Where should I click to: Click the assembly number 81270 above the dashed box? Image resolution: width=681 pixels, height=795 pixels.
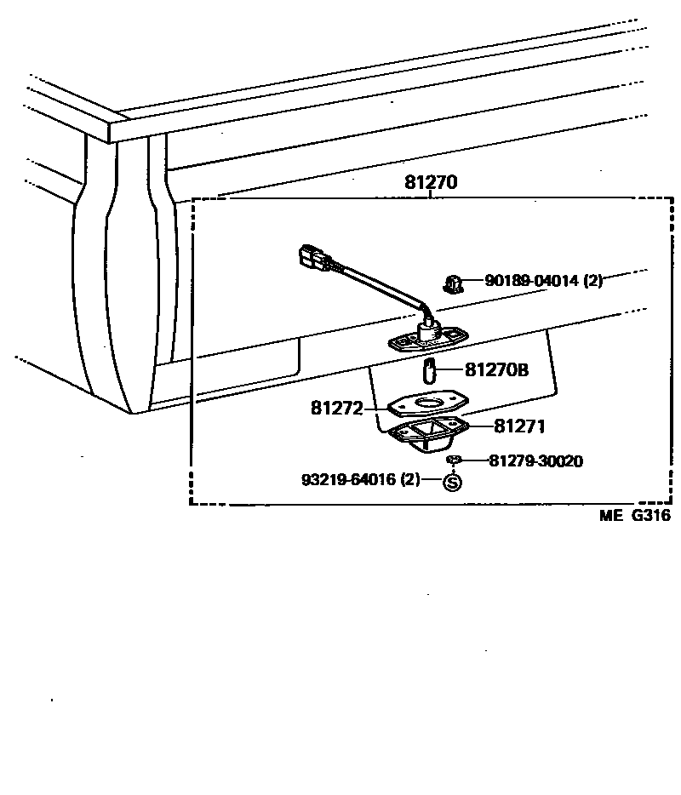tap(431, 182)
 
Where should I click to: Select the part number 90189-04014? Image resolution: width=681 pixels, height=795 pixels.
tap(533, 280)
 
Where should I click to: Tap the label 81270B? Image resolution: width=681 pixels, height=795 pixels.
tap(496, 370)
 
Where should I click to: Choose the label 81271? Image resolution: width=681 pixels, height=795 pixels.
tap(518, 426)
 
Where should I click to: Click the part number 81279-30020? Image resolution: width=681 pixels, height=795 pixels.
tap(535, 460)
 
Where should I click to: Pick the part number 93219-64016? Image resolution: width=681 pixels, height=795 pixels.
tap(349, 479)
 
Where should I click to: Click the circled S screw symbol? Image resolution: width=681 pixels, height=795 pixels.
tap(452, 482)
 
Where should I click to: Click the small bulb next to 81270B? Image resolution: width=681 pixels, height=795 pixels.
tap(430, 371)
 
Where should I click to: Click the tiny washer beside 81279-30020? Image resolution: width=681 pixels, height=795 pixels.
tap(453, 460)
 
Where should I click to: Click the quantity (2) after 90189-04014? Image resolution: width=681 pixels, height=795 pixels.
tap(592, 280)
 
